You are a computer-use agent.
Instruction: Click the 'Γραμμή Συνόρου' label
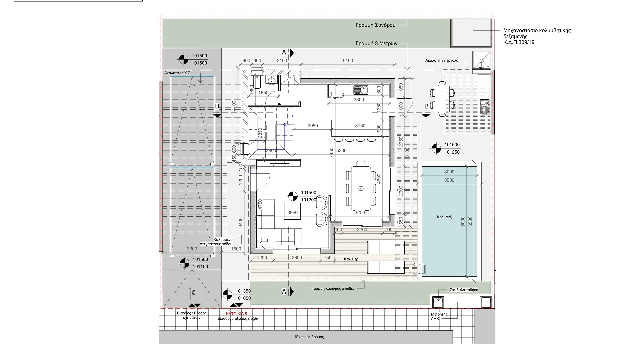[375, 25]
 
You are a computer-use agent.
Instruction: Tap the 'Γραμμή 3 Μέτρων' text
[376, 44]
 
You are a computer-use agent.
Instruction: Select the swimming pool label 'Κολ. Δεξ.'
[445, 217]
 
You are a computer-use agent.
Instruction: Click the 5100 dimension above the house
[348, 60]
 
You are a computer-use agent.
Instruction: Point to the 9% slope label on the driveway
[193, 292]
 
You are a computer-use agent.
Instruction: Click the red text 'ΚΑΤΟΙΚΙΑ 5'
[237, 314]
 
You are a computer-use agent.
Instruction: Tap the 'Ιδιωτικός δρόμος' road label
[309, 337]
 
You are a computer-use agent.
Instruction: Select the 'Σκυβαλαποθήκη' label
[464, 290]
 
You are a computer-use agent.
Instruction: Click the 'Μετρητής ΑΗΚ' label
[439, 316]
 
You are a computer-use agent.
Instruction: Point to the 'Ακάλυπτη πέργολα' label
[442, 60]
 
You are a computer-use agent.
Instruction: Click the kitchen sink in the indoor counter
[361, 89]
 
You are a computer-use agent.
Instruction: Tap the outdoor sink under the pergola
[484, 107]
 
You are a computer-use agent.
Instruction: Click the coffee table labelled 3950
[292, 211]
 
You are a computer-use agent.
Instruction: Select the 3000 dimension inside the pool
[449, 172]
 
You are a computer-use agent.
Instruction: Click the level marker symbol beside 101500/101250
[436, 148]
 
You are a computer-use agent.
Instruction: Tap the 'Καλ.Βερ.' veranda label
[352, 259]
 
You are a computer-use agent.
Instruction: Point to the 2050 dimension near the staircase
[313, 126]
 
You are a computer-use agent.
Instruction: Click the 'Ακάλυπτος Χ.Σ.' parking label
[178, 73]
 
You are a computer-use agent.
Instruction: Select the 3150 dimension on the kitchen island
[360, 126]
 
